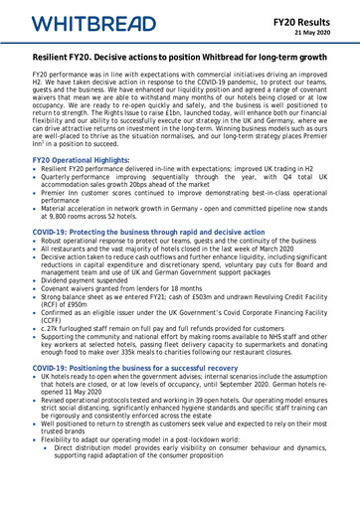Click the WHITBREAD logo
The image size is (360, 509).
point(80,23)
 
